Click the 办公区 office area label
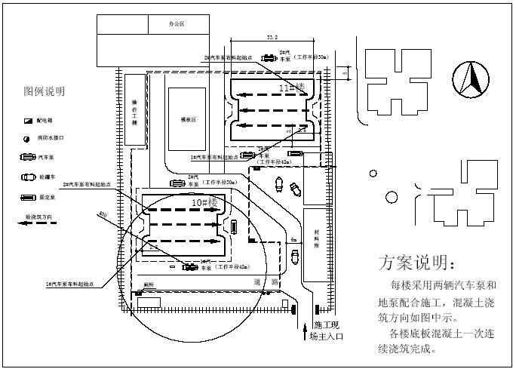tap(177, 24)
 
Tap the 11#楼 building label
tap(292, 88)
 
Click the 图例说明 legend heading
tap(45, 91)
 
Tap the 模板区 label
tap(188, 119)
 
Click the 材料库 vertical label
tap(317, 240)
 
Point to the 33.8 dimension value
tap(272, 37)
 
